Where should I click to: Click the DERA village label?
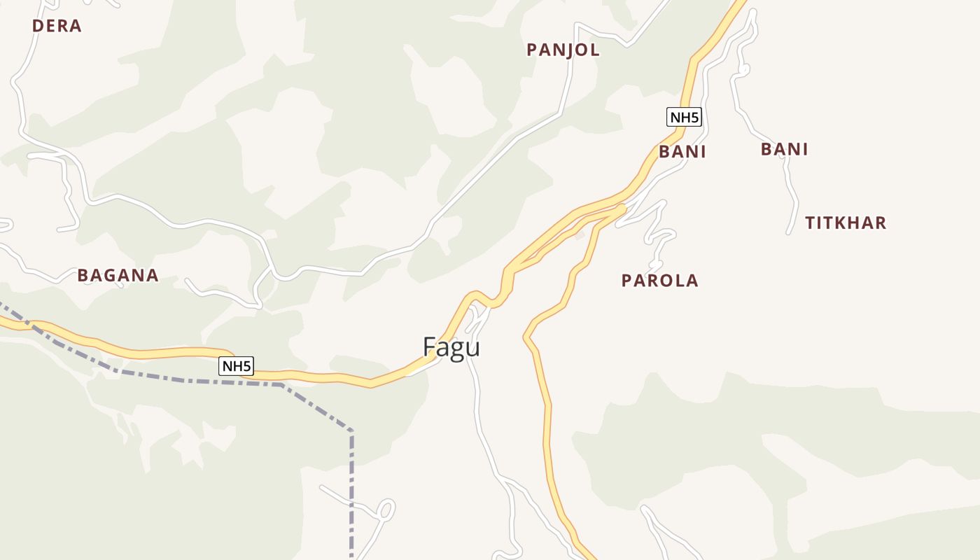pyautogui.click(x=57, y=26)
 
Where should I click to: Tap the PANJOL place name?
pyautogui.click(x=563, y=50)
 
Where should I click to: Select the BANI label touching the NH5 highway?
pyautogui.click(x=682, y=152)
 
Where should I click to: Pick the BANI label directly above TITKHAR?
pyautogui.click(x=784, y=149)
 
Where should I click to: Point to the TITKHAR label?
pyautogui.click(x=845, y=223)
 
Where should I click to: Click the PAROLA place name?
pyautogui.click(x=659, y=281)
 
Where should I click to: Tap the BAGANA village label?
pyautogui.click(x=118, y=275)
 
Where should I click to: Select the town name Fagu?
pyautogui.click(x=451, y=347)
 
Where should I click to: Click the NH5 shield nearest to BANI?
pyautogui.click(x=684, y=117)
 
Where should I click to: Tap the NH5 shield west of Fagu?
pyautogui.click(x=236, y=365)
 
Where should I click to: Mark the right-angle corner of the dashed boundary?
pyautogui.click(x=351, y=432)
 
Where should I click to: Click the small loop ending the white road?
pyautogui.click(x=386, y=509)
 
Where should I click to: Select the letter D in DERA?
pyautogui.click(x=38, y=26)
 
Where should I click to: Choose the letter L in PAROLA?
pyautogui.click(x=675, y=281)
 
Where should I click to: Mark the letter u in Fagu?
pyautogui.click(x=473, y=349)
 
